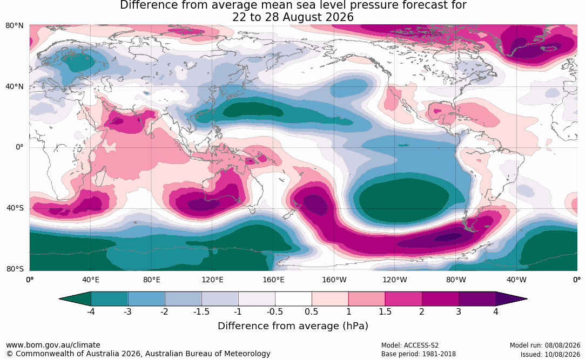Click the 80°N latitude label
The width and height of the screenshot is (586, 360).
coord(14,26)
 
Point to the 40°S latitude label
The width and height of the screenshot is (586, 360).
coord(15,208)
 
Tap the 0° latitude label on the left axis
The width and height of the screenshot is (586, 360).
coord(19,147)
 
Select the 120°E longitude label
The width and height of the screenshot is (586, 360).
coord(212,280)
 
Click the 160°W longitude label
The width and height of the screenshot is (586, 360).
coord(334,280)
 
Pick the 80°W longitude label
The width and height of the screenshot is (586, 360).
coord(456,280)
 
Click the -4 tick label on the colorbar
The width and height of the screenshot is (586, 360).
coord(90,311)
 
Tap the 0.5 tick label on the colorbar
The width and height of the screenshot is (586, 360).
coord(311,311)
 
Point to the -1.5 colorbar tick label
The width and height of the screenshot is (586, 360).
coord(201,311)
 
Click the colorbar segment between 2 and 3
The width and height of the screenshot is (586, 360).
coord(440,299)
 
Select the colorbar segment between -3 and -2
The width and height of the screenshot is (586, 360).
coord(146,299)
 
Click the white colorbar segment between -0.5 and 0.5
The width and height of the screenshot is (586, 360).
coord(293,299)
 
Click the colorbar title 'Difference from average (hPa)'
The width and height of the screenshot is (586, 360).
coord(293,326)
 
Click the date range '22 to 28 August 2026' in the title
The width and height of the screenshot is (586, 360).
coord(293,17)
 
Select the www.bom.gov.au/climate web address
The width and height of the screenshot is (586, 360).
coord(53,345)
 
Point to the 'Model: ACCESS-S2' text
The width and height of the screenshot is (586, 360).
coord(409,345)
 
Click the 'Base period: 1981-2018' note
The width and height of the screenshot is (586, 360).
coord(419,354)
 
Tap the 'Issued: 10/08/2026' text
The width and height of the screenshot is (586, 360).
coord(550,354)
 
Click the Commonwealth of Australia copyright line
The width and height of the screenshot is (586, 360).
coord(138,354)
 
